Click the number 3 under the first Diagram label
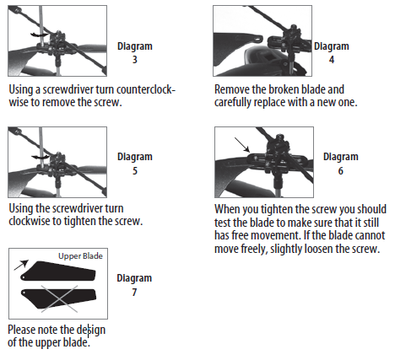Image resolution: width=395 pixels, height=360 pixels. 135,60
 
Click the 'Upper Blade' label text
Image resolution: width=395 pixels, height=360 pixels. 79,256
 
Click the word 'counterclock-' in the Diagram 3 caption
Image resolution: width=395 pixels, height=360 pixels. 142,88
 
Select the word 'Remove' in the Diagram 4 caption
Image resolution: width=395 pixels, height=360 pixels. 234,88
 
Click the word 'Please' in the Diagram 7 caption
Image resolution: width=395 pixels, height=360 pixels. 24,329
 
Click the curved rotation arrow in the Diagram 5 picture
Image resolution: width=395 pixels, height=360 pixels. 35,156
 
